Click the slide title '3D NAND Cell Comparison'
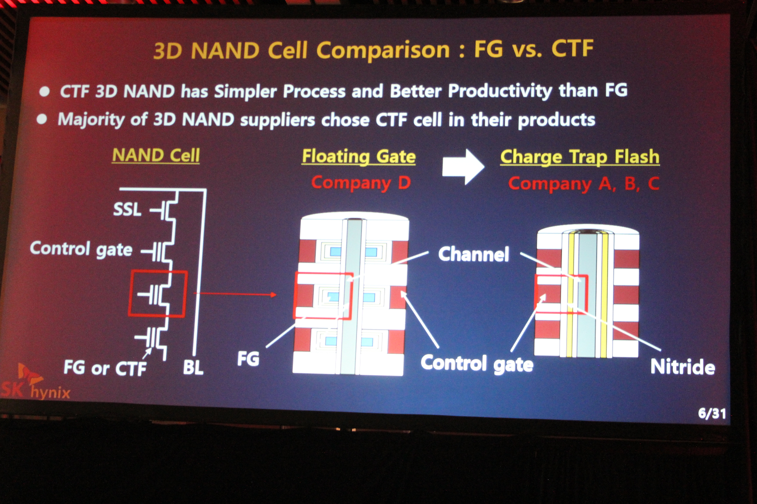coord(301,50)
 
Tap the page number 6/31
coord(712,413)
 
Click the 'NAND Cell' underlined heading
coord(156,155)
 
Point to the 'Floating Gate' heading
coord(358,156)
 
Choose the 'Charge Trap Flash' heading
coord(580,157)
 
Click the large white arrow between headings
coord(463,167)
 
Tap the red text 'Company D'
coord(360,183)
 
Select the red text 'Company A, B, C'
coord(584,184)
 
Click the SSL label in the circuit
coord(127,209)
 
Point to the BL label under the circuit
coord(193,368)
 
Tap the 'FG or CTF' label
coord(105,368)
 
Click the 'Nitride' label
coord(683,367)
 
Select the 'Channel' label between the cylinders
coord(473,254)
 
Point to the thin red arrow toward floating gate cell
coord(235,294)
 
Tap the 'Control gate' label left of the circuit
coord(81,249)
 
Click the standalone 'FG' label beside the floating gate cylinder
coord(248,359)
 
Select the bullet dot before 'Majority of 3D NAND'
coord(42,119)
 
